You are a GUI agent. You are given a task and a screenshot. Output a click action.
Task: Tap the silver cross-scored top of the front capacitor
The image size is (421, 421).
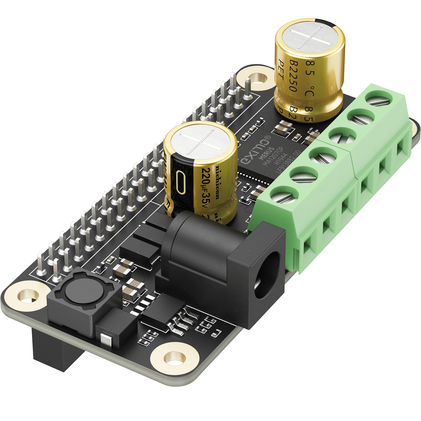pyautogui.click(x=200, y=143)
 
